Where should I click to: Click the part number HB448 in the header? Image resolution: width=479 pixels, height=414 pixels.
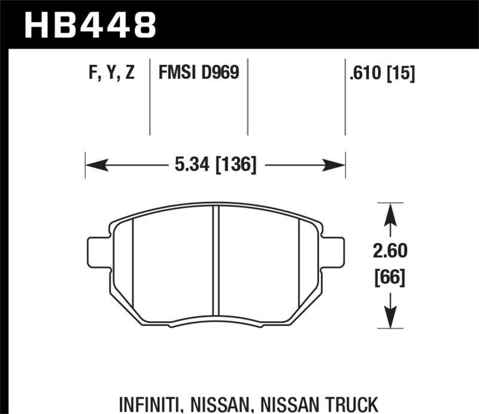(x=90, y=25)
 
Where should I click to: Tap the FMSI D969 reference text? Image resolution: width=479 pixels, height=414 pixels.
(x=199, y=74)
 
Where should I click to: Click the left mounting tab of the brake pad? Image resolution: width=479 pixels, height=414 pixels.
(x=98, y=253)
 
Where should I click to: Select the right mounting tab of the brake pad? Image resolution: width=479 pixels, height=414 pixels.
(x=334, y=253)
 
